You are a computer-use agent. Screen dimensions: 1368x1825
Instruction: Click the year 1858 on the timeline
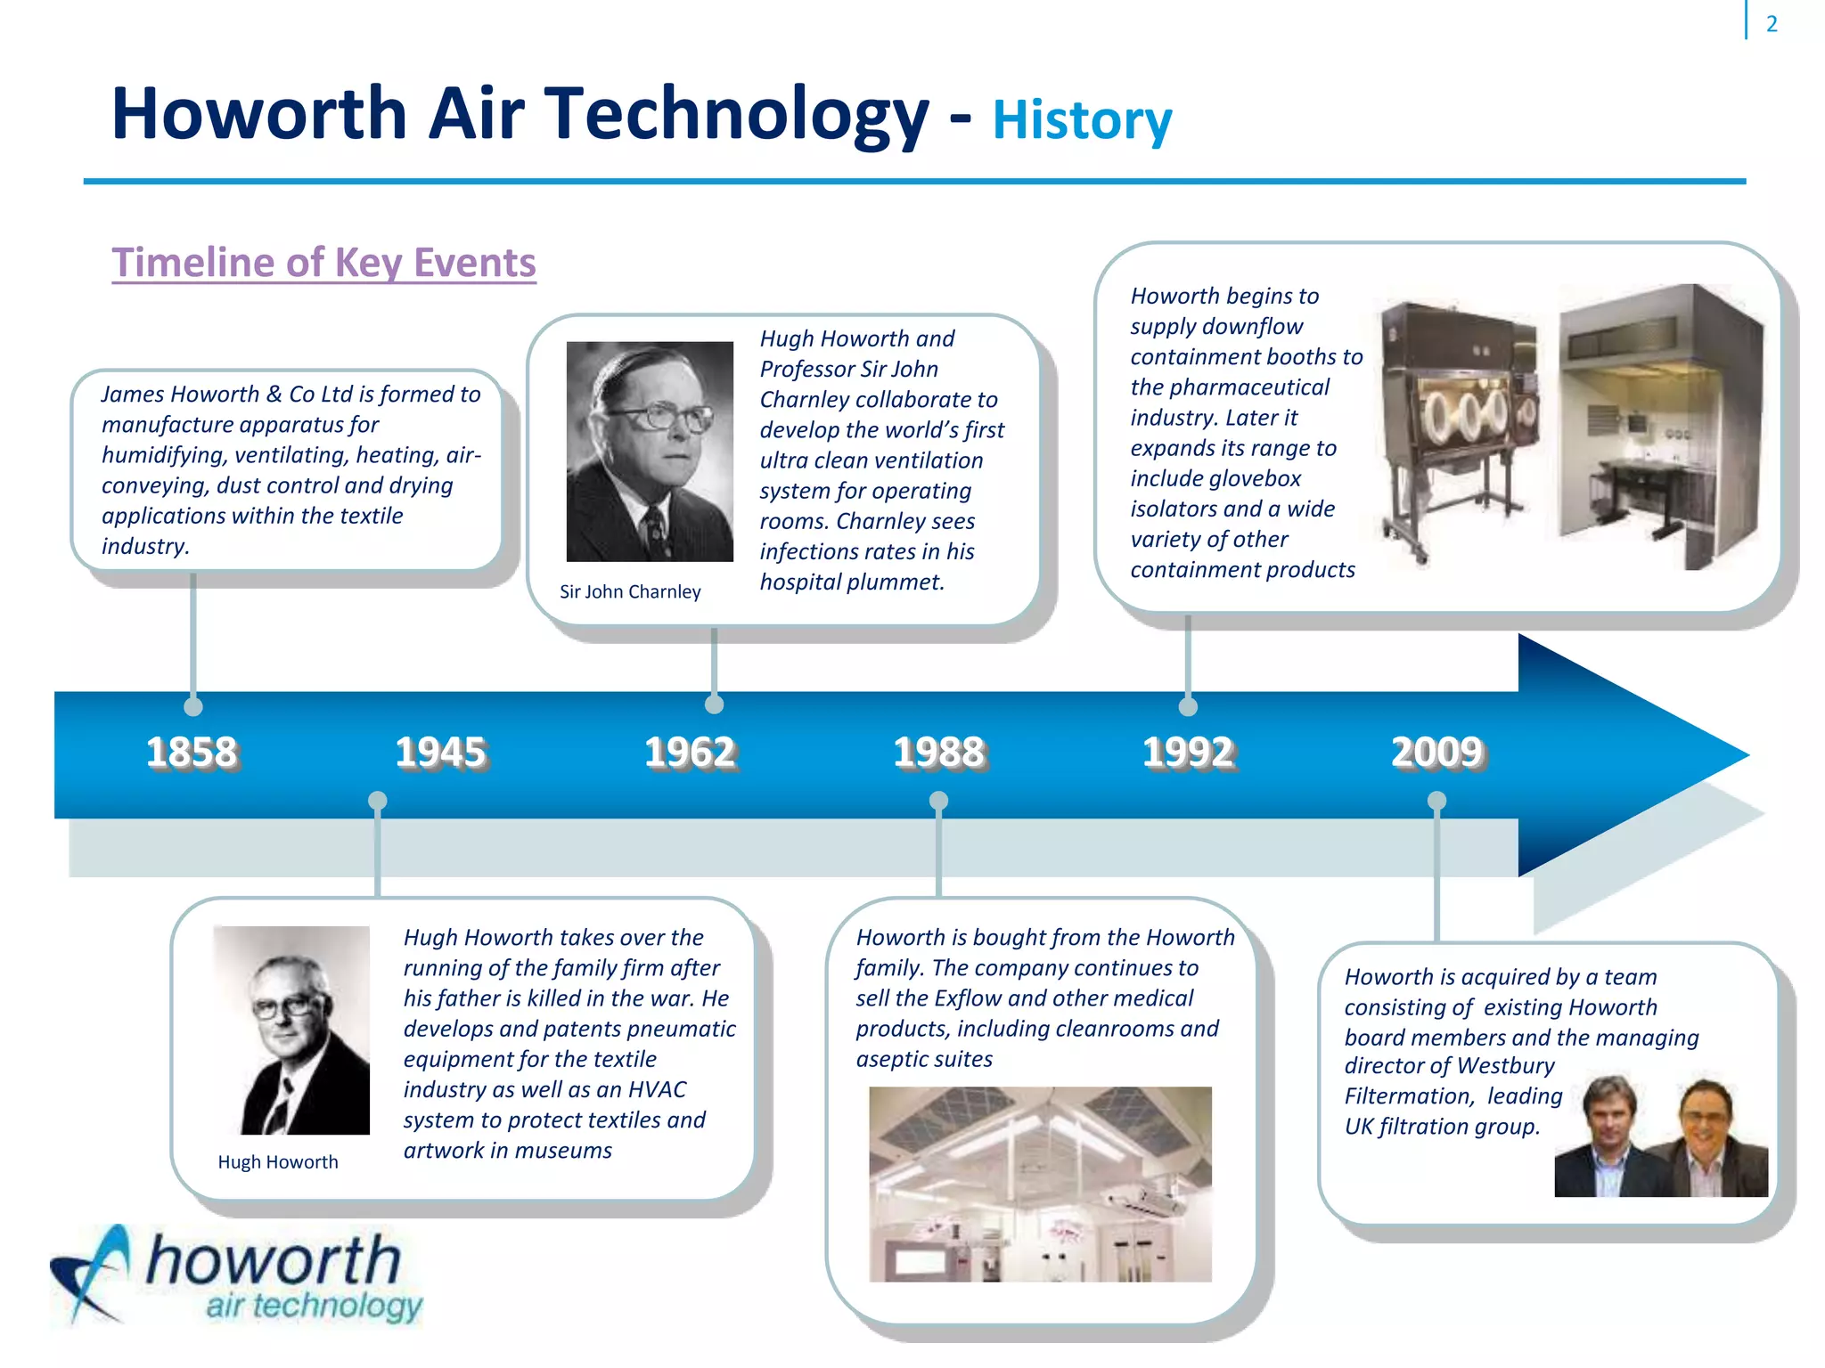point(192,753)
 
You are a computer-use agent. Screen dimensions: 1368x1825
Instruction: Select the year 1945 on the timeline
point(441,753)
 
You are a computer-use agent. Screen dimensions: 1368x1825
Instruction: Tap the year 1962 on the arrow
point(691,753)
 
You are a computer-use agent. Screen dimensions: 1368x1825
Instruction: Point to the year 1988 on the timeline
point(939,753)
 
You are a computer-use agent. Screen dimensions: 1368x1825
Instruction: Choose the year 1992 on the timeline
point(1189,753)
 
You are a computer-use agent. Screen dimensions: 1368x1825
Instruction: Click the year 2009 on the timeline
point(1437,753)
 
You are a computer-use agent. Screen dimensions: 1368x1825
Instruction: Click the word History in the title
point(1082,120)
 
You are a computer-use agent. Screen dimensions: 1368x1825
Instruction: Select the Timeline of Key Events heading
point(323,263)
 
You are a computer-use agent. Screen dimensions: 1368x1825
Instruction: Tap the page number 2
point(1772,24)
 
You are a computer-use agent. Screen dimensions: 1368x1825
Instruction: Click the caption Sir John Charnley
point(630,592)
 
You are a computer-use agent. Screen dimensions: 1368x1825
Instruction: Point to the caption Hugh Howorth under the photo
point(278,1162)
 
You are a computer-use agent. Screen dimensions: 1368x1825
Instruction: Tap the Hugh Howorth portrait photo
point(291,1030)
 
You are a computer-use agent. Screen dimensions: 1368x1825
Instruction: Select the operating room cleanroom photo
point(1040,1184)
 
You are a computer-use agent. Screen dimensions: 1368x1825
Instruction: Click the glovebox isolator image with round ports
point(1460,427)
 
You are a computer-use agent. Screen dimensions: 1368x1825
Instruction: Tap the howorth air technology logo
point(236,1275)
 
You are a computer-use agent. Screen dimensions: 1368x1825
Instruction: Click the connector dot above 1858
point(193,706)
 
